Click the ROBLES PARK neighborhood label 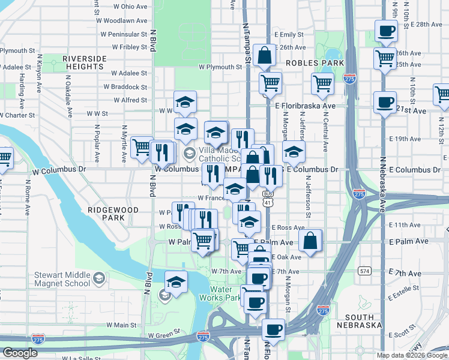315,63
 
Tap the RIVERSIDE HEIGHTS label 84,62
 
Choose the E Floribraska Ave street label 306,106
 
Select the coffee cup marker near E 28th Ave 386,30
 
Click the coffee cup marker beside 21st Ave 384,101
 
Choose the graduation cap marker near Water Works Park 176,281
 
